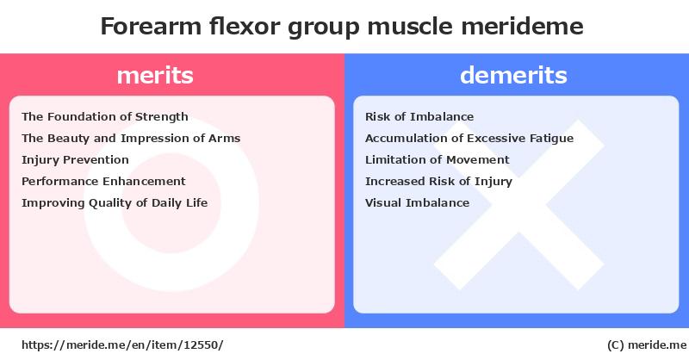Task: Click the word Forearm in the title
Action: pos(152,26)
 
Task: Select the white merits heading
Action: pos(155,75)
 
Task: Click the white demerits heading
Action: pos(513,75)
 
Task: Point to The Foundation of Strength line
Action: pos(105,117)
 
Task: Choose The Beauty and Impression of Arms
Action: pos(131,139)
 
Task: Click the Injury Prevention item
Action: pos(75,160)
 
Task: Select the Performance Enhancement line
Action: pos(103,181)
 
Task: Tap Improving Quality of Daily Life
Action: pos(115,203)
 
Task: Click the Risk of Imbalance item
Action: pos(419,116)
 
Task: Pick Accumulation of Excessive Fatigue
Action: pos(469,139)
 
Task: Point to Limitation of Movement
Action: pos(438,159)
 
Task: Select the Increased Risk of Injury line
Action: pos(438,182)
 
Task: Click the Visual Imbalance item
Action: pos(418,202)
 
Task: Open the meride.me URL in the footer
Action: pos(122,345)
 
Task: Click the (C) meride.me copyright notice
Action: pos(647,345)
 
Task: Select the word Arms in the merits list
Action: pos(225,139)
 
